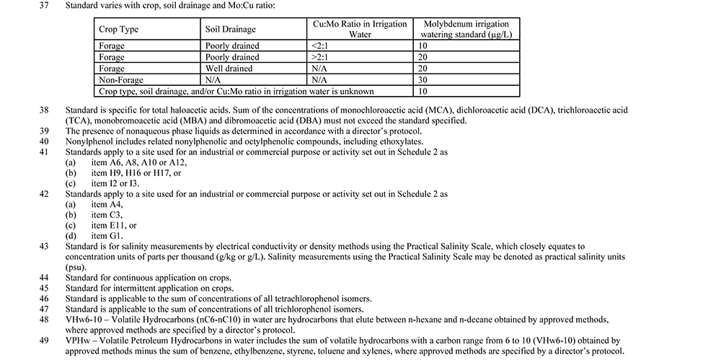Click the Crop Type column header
click(x=119, y=30)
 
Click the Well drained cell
click(x=229, y=69)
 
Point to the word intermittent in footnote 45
click(x=134, y=288)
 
